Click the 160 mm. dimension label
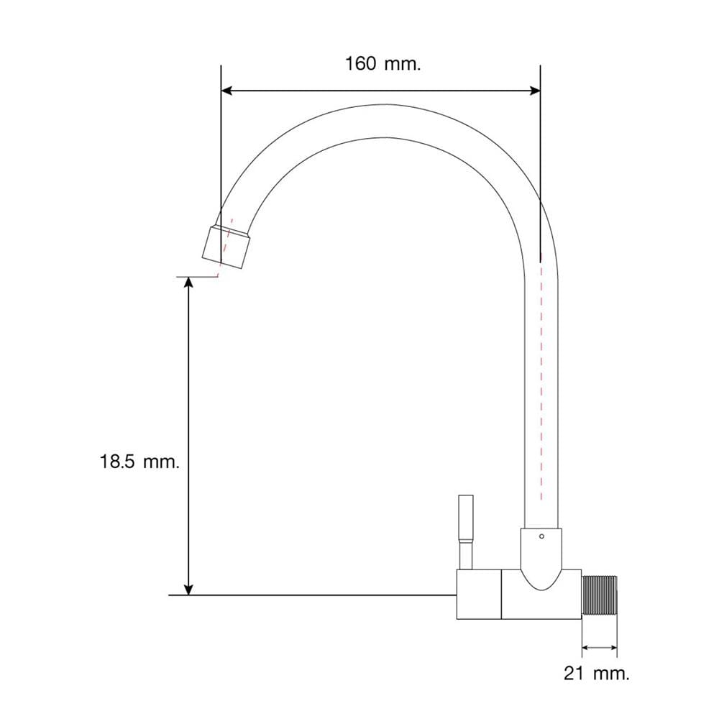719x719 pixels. click(x=383, y=64)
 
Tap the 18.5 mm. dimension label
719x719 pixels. click(x=140, y=462)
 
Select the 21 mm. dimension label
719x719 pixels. click(x=597, y=674)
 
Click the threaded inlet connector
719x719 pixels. click(x=600, y=595)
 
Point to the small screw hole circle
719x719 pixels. click(x=541, y=536)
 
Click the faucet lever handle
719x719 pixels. click(x=466, y=532)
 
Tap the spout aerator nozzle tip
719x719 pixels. click(x=226, y=247)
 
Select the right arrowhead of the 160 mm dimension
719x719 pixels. click(x=535, y=91)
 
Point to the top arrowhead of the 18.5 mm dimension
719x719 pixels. click(x=188, y=283)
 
